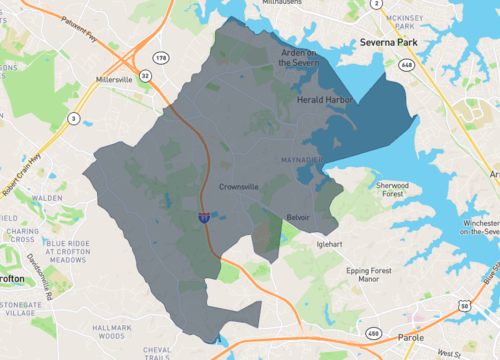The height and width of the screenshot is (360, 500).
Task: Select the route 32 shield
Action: coord(146,75)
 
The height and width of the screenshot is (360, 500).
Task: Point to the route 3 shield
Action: coord(74,120)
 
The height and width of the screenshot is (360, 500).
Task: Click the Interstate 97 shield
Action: coord(204,214)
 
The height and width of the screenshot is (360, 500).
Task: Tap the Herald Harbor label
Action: coord(326,100)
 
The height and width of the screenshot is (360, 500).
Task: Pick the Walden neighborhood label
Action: coord(48,198)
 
